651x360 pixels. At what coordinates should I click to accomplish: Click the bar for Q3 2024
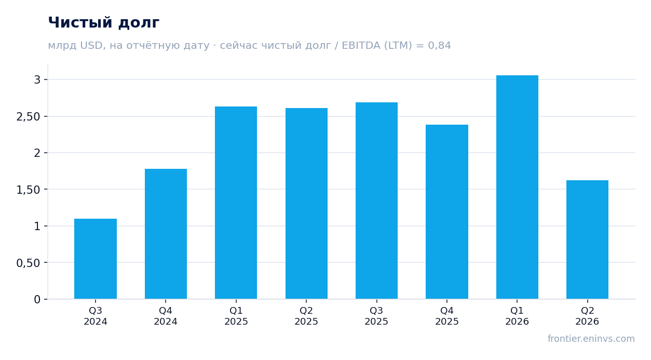pos(96,259)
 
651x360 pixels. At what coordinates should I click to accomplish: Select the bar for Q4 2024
pos(166,234)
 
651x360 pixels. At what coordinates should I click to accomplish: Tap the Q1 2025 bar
pos(236,203)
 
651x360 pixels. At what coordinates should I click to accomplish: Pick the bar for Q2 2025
pos(306,204)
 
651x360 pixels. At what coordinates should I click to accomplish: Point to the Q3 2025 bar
pos(377,201)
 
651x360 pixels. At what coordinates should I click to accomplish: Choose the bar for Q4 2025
pos(447,212)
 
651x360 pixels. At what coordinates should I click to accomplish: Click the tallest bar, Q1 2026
pos(517,187)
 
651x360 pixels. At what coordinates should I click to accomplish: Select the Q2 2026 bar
pos(587,239)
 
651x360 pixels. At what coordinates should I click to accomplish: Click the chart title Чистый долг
pos(104,23)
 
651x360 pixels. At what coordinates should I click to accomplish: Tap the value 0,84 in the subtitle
pos(439,46)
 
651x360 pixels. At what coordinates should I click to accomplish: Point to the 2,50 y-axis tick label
pos(28,116)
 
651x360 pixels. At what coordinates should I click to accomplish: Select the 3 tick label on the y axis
pos(37,79)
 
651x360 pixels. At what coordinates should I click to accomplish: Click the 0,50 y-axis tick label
pos(28,263)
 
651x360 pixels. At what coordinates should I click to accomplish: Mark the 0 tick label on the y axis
pos(37,300)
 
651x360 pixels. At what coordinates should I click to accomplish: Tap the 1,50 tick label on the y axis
pos(28,190)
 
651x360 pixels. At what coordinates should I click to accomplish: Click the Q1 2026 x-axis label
pos(517,316)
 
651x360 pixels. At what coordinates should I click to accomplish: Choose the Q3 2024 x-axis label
pos(96,316)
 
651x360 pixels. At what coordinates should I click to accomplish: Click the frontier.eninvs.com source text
pos(591,339)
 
